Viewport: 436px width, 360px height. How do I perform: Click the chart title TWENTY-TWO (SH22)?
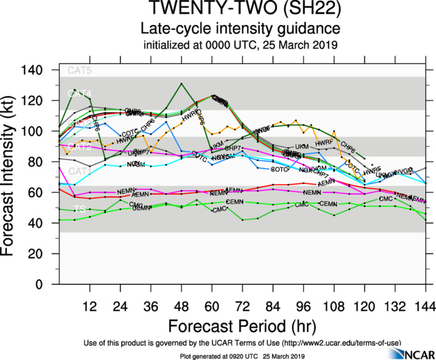[x=240, y=10]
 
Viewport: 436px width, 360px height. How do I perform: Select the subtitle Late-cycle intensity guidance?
[x=240, y=29]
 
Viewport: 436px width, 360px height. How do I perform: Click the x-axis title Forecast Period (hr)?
[x=240, y=326]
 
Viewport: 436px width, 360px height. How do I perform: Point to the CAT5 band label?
[x=79, y=71]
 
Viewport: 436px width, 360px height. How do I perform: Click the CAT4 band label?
[x=79, y=94]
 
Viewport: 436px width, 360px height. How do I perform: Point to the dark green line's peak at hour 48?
[x=182, y=83]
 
